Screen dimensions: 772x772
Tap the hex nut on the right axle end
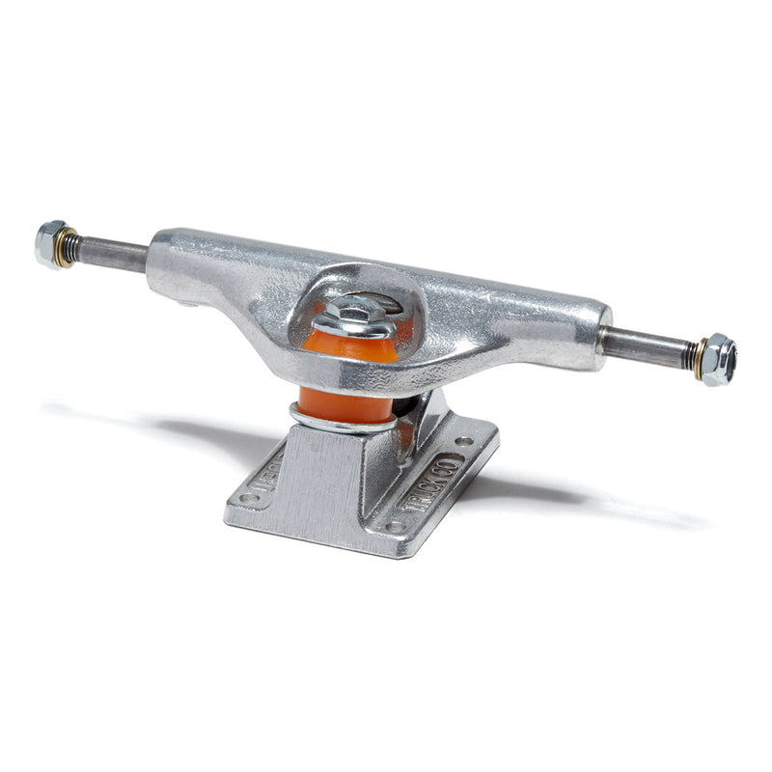point(719,359)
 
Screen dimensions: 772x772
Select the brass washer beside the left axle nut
point(67,247)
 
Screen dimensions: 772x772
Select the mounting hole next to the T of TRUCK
point(395,526)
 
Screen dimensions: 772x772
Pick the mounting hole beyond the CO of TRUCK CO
point(470,443)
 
